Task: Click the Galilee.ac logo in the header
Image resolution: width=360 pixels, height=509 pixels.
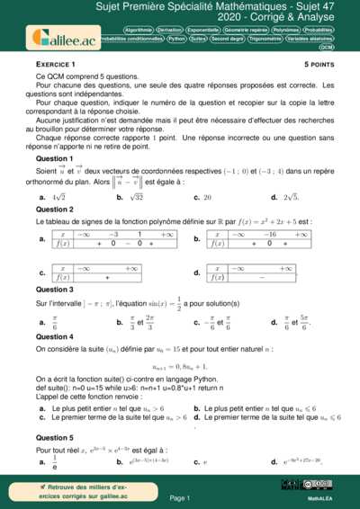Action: (63, 38)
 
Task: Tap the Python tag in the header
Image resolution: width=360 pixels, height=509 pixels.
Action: (176, 39)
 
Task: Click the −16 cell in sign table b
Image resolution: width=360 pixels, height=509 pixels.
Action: (268, 233)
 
